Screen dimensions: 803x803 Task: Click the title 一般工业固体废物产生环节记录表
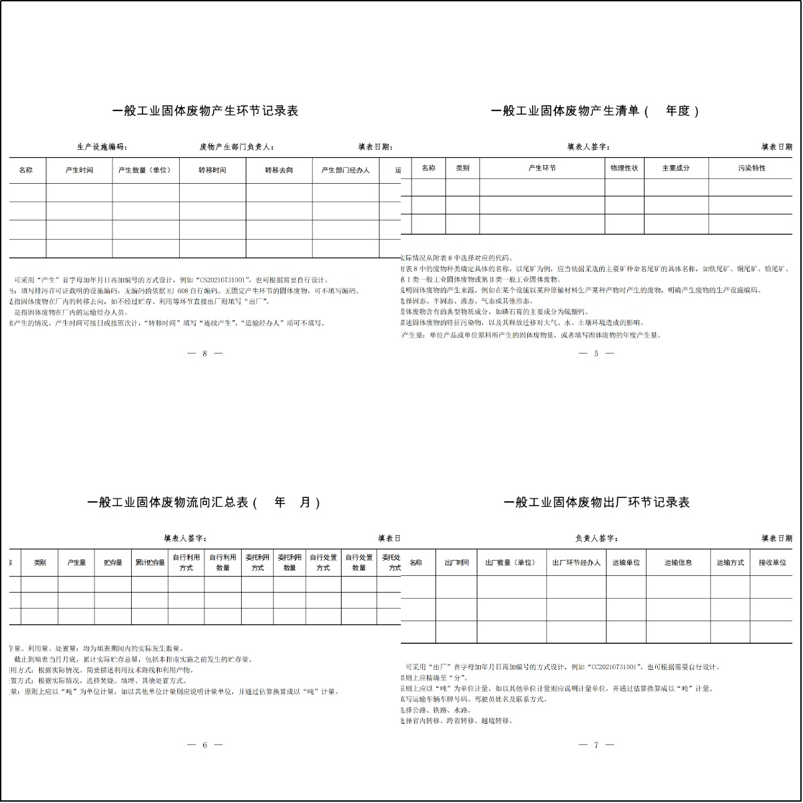pos(205,111)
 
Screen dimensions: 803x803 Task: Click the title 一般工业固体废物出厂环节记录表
pos(597,503)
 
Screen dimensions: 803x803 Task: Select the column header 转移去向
pos(278,170)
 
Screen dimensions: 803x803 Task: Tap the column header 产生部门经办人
pos(345,170)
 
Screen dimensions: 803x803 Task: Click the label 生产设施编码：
pos(102,147)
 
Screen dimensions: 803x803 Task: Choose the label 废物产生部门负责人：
pos(237,147)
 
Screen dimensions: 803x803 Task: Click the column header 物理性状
pos(624,168)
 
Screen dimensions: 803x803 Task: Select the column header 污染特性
pos(752,168)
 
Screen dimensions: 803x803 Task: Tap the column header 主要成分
pos(676,168)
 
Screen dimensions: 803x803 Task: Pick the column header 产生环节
pos(542,168)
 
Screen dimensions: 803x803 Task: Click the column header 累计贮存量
pos(149,563)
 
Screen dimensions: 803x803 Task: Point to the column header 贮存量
pos(113,563)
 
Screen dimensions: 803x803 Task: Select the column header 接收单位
pos(772,563)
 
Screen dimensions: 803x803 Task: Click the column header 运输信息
pos(678,563)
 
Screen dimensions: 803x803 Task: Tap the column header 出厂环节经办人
pos(576,563)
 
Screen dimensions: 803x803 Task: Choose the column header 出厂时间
pos(456,563)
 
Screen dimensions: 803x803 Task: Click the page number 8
pos(204,354)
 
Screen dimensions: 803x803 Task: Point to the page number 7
pos(596,745)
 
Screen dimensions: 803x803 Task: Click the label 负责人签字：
pos(597,539)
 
